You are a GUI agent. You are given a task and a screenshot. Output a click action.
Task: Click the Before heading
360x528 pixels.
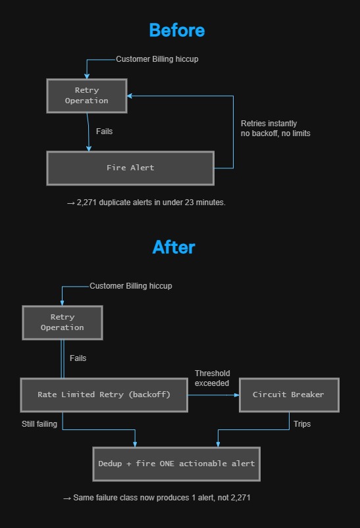[177, 30]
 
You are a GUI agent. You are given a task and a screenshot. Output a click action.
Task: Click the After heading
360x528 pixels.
[174, 247]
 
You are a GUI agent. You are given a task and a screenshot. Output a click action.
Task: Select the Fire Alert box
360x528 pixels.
[130, 168]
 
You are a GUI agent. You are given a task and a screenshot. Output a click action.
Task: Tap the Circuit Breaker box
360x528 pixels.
[289, 395]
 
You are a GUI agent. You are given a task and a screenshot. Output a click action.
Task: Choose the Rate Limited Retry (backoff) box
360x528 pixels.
[104, 395]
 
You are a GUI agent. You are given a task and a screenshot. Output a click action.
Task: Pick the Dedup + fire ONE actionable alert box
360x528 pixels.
[176, 464]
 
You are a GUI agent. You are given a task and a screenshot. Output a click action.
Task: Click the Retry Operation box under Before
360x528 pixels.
[87, 95]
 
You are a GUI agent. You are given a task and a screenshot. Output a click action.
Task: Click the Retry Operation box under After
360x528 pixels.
[63, 323]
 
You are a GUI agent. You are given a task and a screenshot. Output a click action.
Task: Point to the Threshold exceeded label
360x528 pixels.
[212, 378]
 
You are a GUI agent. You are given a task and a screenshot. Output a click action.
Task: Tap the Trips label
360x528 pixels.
[302, 424]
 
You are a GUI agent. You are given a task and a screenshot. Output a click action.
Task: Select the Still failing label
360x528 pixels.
[39, 424]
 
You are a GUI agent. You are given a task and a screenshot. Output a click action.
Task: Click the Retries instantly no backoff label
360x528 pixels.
[275, 128]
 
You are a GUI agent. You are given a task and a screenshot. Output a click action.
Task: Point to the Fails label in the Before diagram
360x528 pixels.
[104, 132]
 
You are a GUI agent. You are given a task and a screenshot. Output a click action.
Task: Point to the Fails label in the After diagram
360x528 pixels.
[78, 358]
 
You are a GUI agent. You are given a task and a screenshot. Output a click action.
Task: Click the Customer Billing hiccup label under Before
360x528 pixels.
[157, 59]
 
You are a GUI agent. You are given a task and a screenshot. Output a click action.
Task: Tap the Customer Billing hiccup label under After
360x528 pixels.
[131, 286]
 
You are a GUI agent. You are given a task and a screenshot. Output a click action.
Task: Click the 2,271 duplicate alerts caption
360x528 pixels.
[146, 203]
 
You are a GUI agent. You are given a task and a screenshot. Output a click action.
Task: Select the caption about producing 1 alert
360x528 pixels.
[157, 498]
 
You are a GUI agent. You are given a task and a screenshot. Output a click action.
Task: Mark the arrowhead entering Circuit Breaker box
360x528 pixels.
[237, 395]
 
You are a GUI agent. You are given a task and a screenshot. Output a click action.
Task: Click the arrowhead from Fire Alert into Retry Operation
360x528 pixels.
[130, 96]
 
